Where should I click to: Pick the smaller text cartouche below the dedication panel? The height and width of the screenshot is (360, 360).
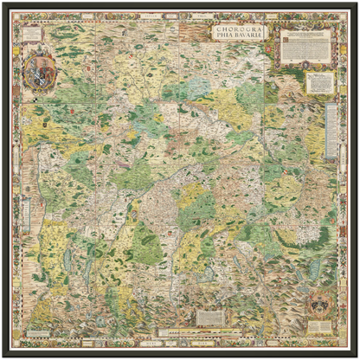tap(319, 82)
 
